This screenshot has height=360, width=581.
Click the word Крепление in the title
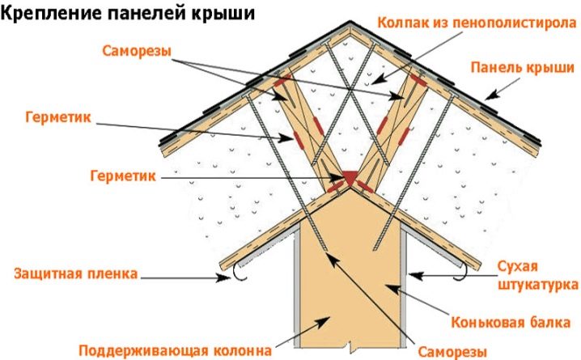(49, 15)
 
